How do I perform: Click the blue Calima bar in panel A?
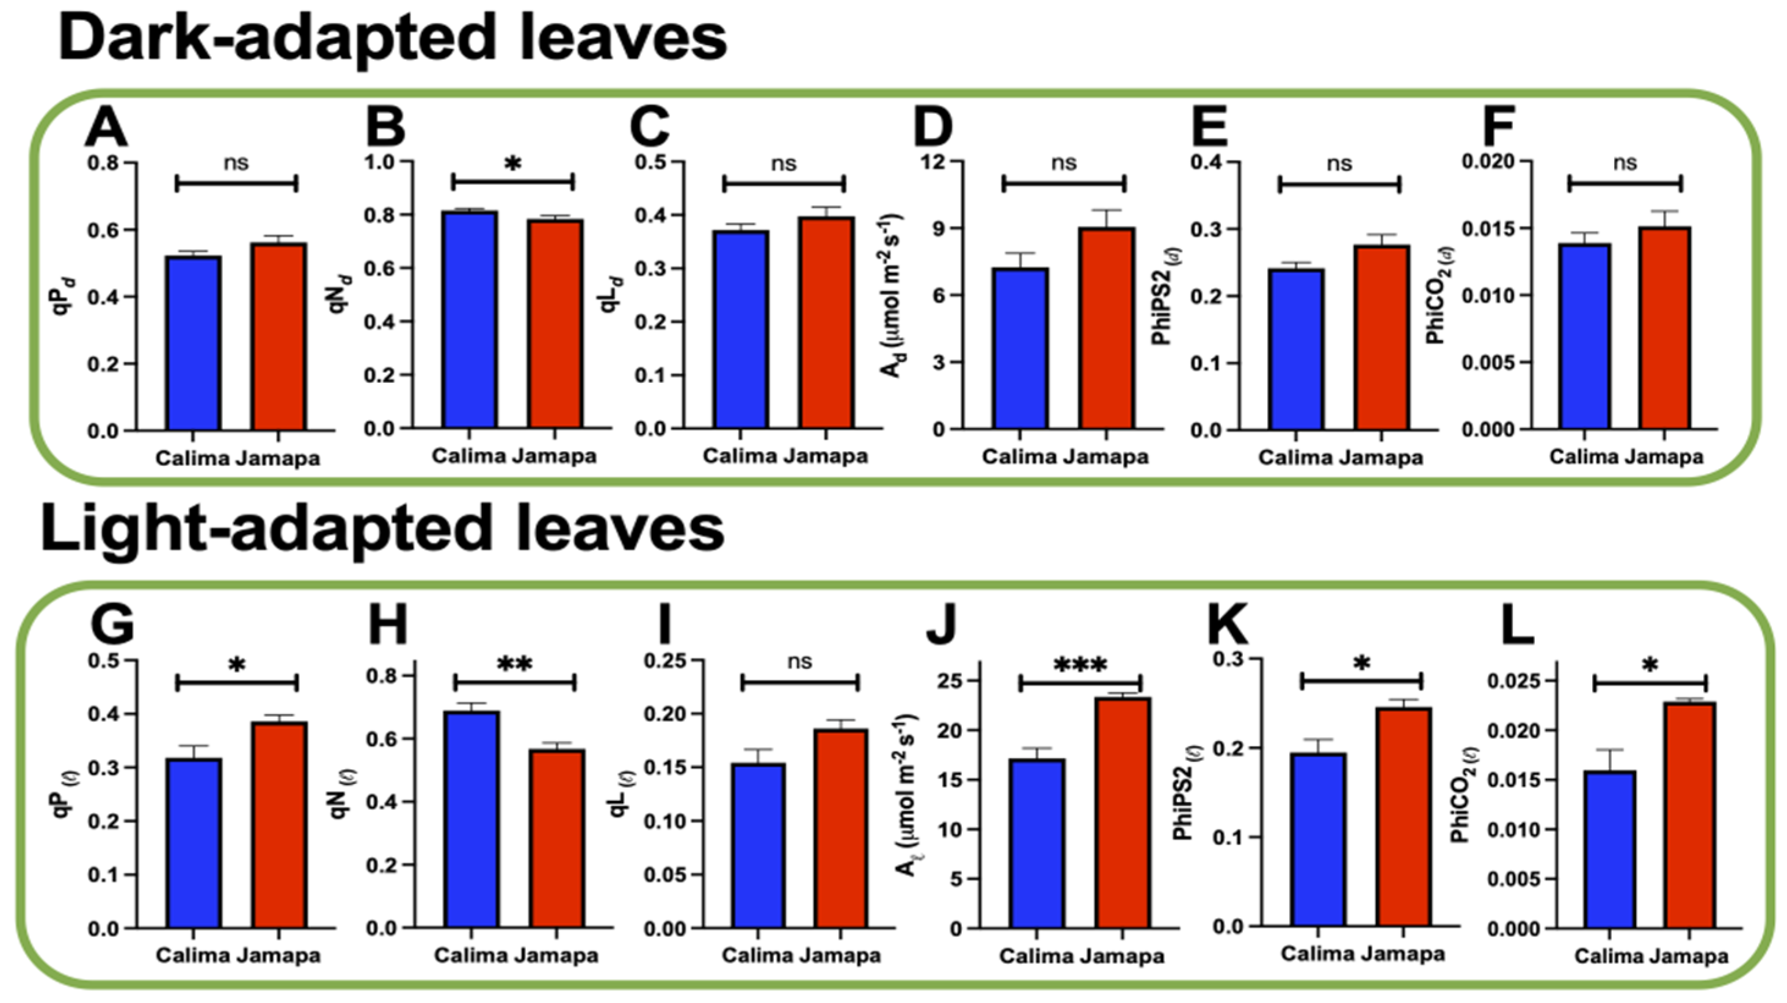click(x=194, y=343)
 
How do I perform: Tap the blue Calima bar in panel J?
click(x=1037, y=844)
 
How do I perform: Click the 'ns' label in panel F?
click(x=1625, y=163)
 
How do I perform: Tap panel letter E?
click(x=1209, y=128)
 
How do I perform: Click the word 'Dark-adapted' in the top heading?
click(x=277, y=38)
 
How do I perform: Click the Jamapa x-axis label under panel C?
click(x=826, y=457)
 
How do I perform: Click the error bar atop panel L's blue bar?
click(x=1610, y=759)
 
